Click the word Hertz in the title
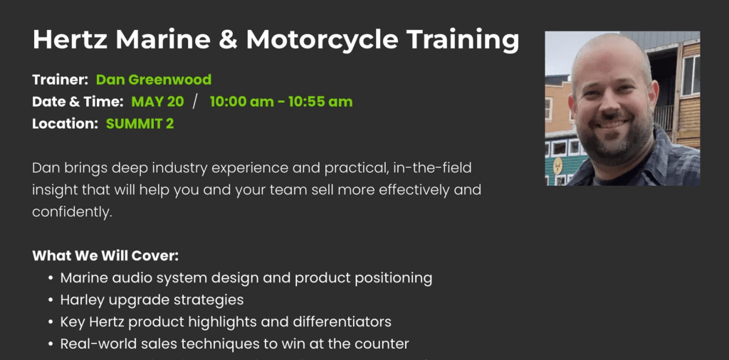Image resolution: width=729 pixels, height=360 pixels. coord(70,39)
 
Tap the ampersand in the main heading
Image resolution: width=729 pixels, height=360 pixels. coord(228,39)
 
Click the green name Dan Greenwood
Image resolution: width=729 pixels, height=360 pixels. coord(154,80)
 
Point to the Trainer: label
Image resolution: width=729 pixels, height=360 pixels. coord(61,80)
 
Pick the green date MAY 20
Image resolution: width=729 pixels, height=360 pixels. coord(157,102)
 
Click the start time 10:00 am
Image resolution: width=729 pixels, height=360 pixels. coord(242,102)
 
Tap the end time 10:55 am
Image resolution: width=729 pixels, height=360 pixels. coord(320,102)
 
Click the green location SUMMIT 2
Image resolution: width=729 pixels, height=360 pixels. coord(140,124)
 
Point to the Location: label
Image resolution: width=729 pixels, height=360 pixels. coord(65,124)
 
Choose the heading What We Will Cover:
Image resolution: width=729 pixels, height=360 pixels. coord(105,256)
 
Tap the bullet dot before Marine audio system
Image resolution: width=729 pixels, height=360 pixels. coord(51,279)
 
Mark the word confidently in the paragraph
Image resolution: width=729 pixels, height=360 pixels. coord(73,212)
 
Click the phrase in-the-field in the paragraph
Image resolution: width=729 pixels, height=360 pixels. coord(432,168)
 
